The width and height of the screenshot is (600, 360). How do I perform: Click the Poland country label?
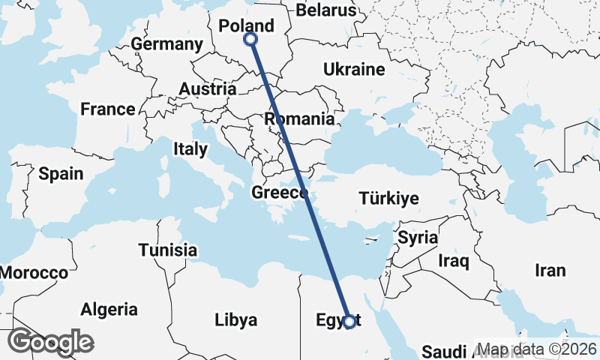pos(246,26)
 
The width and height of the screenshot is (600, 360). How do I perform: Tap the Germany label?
pos(166,44)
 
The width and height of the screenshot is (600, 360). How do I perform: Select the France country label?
pos(108,109)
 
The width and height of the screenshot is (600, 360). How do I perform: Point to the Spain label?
pos(61,174)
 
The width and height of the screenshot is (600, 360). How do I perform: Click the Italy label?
pos(190,149)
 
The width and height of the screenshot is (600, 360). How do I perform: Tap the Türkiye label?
pos(388,199)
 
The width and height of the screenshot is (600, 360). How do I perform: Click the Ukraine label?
pos(354,70)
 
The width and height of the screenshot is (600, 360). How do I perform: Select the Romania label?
pos(299,118)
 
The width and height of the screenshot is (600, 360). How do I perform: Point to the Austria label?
pos(208,89)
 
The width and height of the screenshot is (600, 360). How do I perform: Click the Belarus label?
pos(326,10)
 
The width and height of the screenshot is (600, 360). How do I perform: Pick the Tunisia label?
pos(168,250)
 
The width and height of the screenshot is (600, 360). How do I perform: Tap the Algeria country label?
pos(109,309)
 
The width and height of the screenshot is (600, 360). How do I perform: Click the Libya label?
pos(235,320)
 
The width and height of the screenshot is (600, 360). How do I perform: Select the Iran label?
pos(550,270)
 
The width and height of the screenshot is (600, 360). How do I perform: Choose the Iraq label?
pos(454,261)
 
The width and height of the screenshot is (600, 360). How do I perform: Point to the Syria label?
pos(418,238)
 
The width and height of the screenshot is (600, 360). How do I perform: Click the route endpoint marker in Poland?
pos(250,39)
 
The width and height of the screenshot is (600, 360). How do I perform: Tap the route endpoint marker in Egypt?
pos(349,321)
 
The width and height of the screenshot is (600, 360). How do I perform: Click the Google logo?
pos(50,342)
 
